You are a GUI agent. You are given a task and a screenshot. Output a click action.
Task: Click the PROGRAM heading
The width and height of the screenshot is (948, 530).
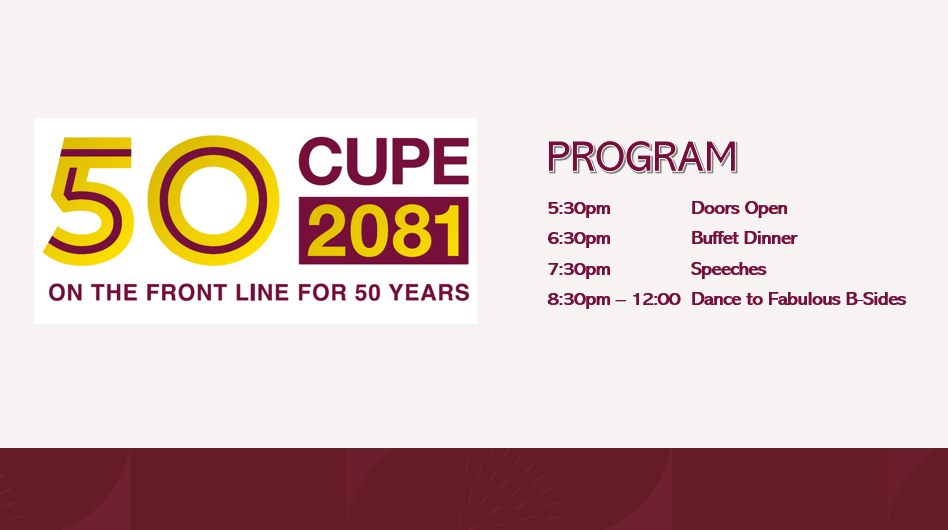tap(642, 157)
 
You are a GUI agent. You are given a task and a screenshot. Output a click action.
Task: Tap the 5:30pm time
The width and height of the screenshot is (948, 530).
tap(579, 208)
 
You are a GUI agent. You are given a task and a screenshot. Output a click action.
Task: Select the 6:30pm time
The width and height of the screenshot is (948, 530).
tap(579, 238)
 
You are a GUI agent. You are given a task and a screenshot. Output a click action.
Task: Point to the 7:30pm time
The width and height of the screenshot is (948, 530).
tap(579, 269)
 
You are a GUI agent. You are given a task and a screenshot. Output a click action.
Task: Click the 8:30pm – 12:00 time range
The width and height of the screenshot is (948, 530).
tap(614, 299)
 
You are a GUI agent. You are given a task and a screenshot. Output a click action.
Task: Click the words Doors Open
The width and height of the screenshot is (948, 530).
tap(739, 208)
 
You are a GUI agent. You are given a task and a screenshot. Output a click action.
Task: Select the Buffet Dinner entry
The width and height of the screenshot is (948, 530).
tap(744, 238)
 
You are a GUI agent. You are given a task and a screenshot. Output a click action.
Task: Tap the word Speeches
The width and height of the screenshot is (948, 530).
tap(728, 269)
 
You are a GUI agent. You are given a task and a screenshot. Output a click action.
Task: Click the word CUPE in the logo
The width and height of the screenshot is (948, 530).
tap(383, 161)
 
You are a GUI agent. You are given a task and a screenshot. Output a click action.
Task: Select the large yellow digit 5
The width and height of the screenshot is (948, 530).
tap(88, 201)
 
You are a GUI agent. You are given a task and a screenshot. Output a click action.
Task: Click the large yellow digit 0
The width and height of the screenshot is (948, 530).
tap(213, 201)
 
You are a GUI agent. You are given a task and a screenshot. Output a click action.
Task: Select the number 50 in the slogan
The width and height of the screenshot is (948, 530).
tap(366, 293)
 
